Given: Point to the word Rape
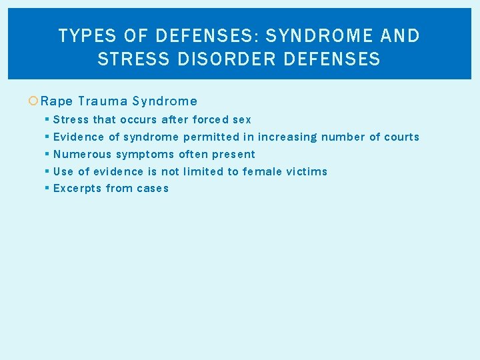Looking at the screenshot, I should pyautogui.click(x=57, y=101).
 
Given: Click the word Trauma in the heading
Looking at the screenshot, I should pyautogui.click(x=102, y=101).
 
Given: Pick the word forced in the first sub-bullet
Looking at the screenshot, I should pyautogui.click(x=210, y=120).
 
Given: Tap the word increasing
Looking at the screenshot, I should pyautogui.click(x=287, y=137).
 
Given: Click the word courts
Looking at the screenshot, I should pyautogui.click(x=401, y=137).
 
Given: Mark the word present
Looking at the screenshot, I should pyautogui.click(x=233, y=155).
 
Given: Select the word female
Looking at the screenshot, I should pyautogui.click(x=262, y=171).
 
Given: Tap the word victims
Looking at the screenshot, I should pyautogui.click(x=307, y=171).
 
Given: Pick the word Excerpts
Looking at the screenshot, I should pyautogui.click(x=77, y=189).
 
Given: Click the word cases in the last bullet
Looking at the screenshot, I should pyautogui.click(x=153, y=189).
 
